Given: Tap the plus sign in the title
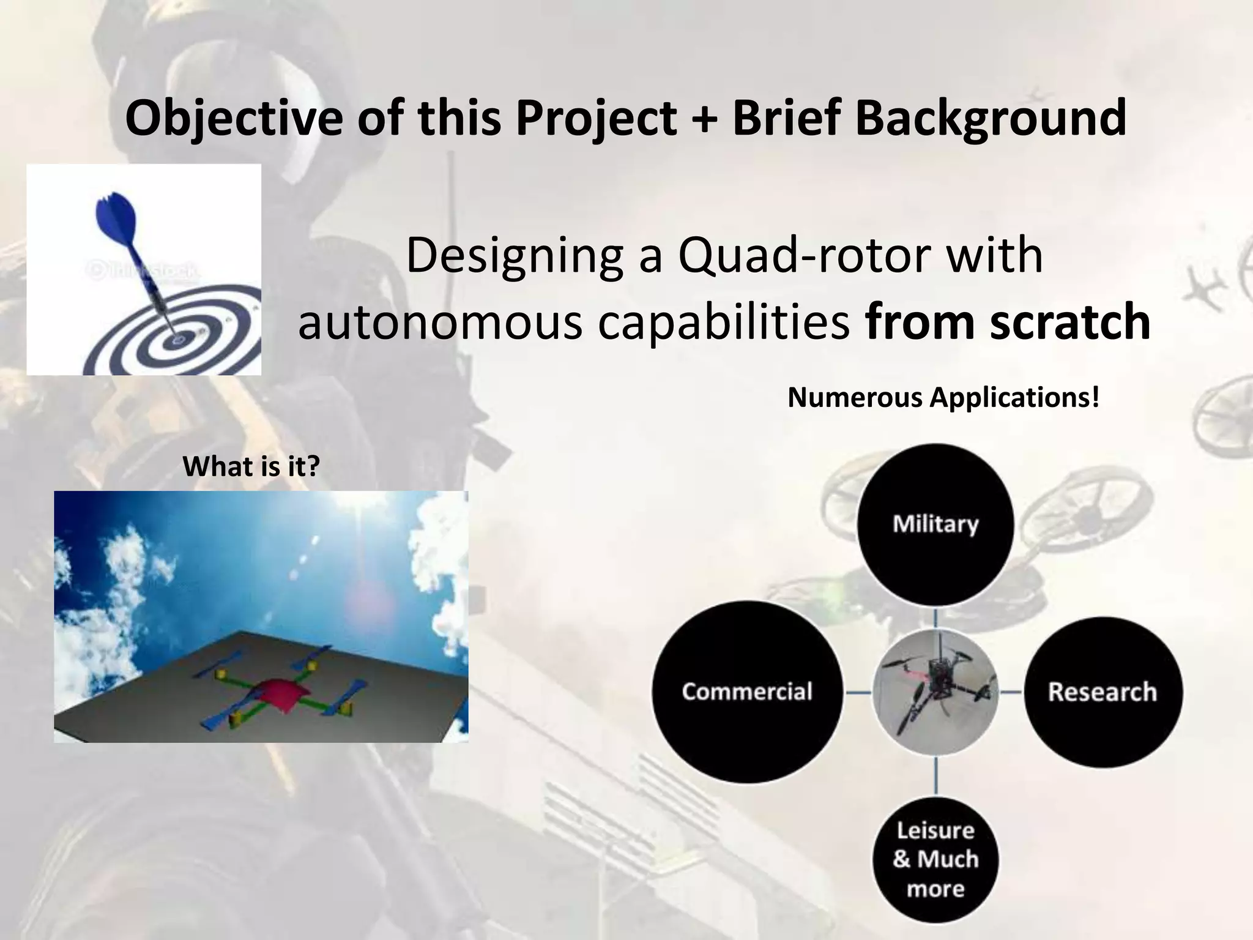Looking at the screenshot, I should tap(705, 119).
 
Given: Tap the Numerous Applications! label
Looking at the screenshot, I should tap(943, 398).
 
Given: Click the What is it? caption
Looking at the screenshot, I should tap(251, 467).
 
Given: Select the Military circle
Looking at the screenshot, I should tap(935, 524).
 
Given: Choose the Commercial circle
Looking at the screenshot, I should tap(747, 692).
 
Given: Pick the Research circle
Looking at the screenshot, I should tap(1102, 692).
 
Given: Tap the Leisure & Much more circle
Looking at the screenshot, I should tap(935, 859).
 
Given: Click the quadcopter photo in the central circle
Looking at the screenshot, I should tap(935, 692).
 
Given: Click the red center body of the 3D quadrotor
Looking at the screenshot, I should tap(278, 692).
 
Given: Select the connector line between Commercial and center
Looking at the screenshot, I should tap(858, 692).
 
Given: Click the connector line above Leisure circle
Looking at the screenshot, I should tap(935, 776).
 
